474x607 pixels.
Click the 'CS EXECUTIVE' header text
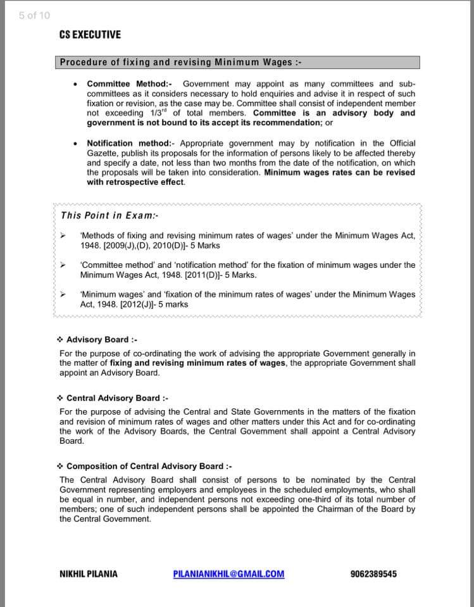click(x=90, y=35)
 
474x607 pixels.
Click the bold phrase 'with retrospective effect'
click(x=135, y=182)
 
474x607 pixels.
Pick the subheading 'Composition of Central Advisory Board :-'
click(x=149, y=466)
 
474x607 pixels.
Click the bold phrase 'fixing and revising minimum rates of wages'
click(x=198, y=363)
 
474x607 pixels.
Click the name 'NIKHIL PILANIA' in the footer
click(x=88, y=574)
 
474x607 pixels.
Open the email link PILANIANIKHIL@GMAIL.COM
click(x=228, y=574)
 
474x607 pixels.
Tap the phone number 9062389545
click(x=373, y=574)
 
